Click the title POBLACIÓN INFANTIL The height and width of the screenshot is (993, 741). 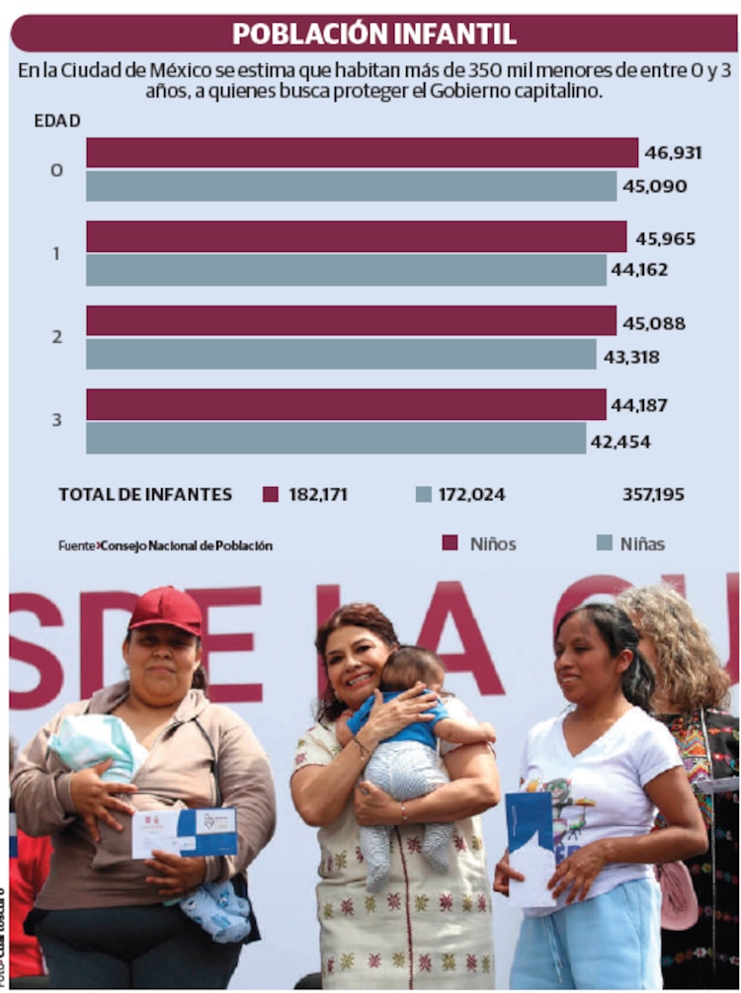point(373,34)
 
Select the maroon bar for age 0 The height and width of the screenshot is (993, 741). point(362,152)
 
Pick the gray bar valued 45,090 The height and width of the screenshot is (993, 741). point(351,186)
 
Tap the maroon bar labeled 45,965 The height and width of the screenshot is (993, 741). point(356,237)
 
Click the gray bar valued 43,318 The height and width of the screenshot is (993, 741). point(341,354)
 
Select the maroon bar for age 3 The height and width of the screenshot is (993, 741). point(346,404)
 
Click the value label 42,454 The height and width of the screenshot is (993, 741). point(620,442)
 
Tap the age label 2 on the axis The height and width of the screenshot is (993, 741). point(56,337)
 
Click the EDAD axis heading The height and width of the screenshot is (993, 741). point(57,121)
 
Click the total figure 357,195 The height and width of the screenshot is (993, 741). point(653,494)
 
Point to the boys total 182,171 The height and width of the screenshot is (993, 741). point(317,494)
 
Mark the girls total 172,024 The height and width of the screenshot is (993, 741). point(469,494)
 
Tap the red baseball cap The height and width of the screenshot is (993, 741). point(166,610)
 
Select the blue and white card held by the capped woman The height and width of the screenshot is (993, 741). point(185,832)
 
